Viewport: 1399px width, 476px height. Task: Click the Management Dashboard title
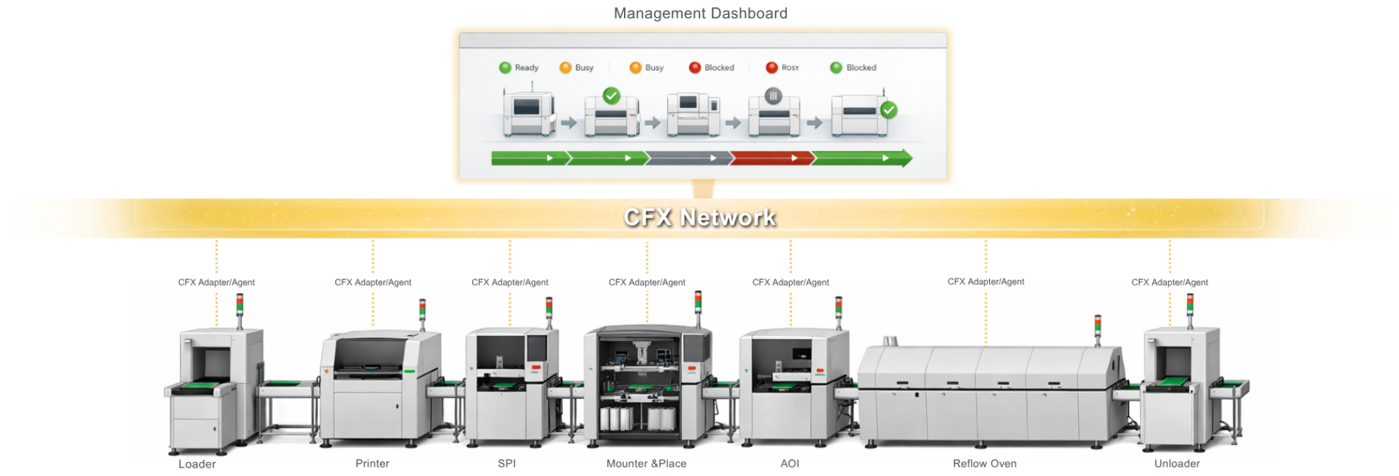(x=700, y=13)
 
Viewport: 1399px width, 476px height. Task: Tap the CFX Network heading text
(x=699, y=218)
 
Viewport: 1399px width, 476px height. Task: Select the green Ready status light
(x=505, y=68)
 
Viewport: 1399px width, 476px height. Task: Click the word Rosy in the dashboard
(x=790, y=68)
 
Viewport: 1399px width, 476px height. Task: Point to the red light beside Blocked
(x=695, y=68)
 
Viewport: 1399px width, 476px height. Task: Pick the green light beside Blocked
(x=836, y=68)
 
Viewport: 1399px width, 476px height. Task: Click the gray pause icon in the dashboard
(x=773, y=96)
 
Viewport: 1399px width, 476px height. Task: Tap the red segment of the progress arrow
(x=772, y=158)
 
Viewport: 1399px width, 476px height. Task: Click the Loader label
(x=197, y=464)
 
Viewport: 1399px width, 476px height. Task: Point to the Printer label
(x=372, y=463)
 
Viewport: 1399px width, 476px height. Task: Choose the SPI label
(x=506, y=463)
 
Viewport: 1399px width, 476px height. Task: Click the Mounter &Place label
(x=646, y=463)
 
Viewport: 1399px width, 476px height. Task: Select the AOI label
(x=790, y=463)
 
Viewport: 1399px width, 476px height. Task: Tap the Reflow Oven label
(x=984, y=463)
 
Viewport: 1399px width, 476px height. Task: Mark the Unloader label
(x=1177, y=463)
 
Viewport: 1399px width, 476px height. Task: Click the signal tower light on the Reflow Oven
(x=1098, y=325)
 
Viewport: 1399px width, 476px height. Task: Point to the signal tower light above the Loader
(x=240, y=304)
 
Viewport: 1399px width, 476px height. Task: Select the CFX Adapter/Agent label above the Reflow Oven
(x=986, y=281)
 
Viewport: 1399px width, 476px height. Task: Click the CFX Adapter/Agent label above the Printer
(x=373, y=282)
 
